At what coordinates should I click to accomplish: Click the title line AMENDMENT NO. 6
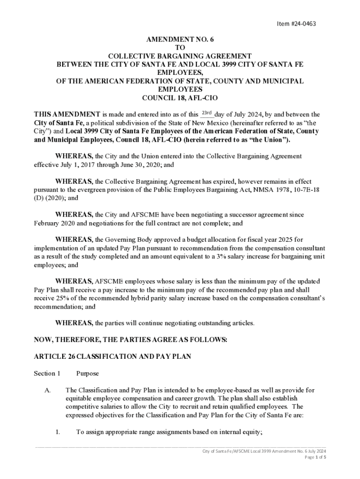180,40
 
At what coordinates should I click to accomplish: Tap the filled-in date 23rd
207,114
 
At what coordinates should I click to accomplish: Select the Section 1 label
47,374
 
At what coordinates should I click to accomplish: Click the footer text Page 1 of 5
316,457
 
